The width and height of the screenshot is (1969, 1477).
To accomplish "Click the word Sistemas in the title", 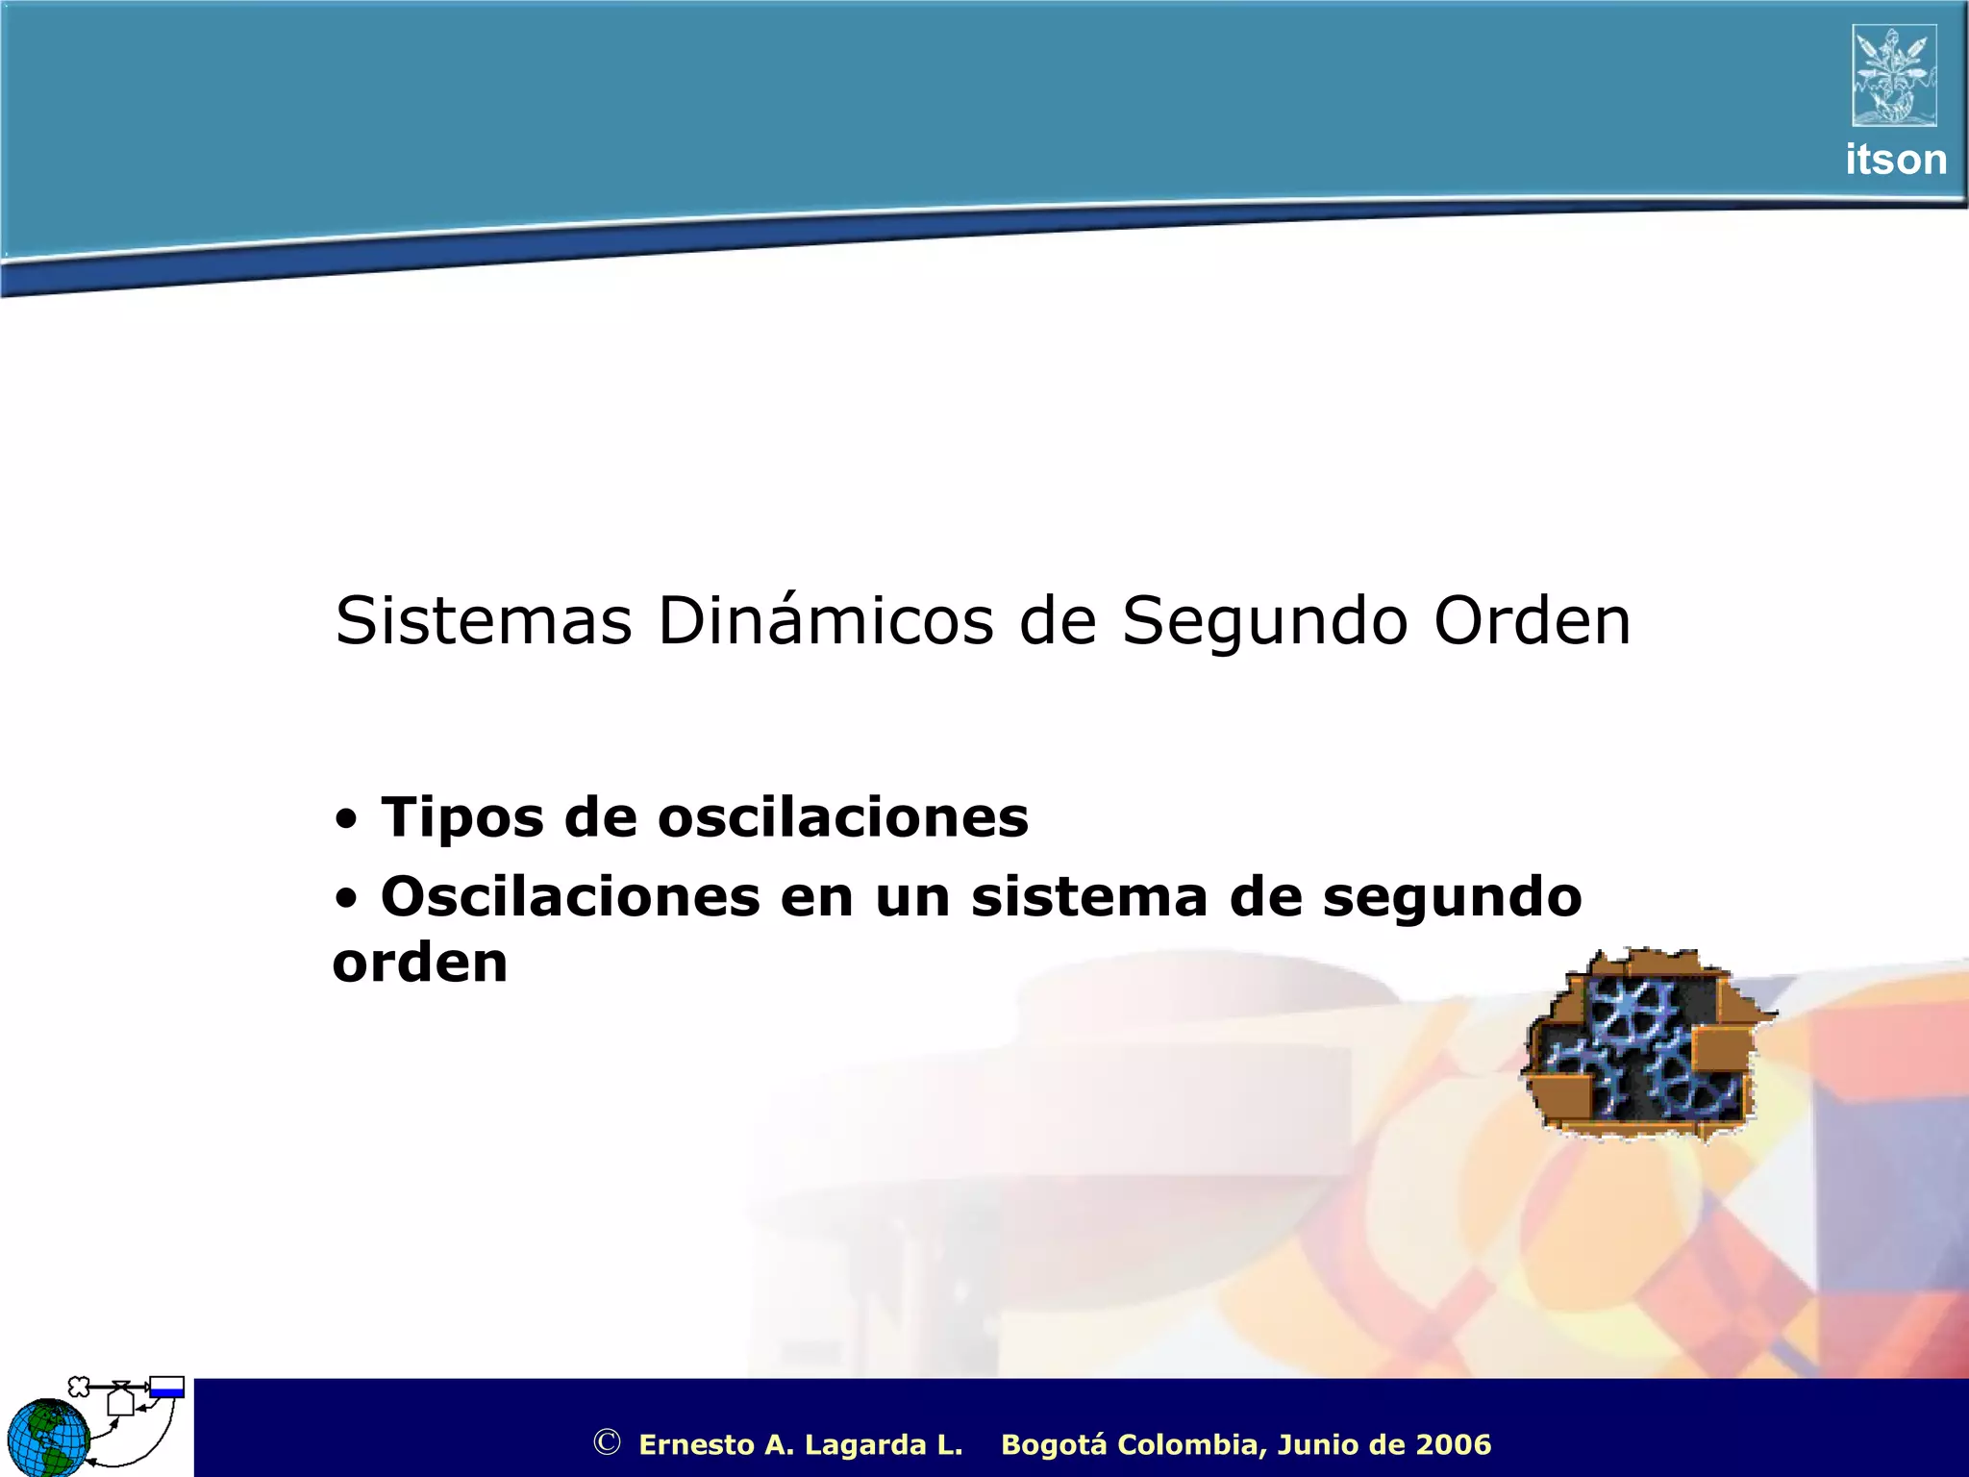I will click(x=483, y=621).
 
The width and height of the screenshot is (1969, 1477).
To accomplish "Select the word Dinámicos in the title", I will click(x=825, y=621).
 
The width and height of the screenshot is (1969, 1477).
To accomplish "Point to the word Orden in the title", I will click(x=1533, y=621).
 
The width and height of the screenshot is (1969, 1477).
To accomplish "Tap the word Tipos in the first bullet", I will click(x=461, y=818).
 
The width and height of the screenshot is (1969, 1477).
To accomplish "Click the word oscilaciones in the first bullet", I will click(x=842, y=818).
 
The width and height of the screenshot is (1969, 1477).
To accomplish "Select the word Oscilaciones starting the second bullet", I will click(x=570, y=896).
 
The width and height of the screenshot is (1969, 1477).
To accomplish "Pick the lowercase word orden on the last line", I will click(x=420, y=963).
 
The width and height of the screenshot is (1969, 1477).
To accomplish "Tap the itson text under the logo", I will click(x=1896, y=160).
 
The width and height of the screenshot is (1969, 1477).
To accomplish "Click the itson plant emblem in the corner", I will click(x=1894, y=75).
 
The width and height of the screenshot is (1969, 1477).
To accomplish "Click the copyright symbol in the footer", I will click(x=607, y=1442).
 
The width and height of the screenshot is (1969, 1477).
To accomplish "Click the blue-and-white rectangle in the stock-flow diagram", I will click(x=167, y=1387).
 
